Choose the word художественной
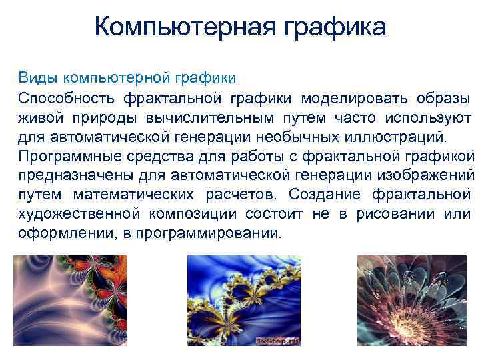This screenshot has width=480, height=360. tap(79, 215)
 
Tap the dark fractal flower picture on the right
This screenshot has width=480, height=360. tap(412, 301)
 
